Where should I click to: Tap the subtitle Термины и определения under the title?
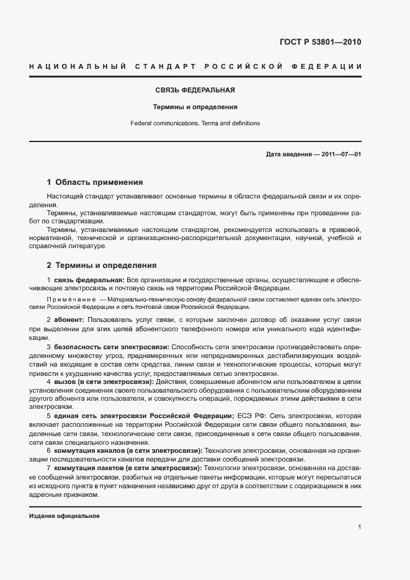[x=195, y=107]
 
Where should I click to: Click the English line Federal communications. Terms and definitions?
[x=195, y=123]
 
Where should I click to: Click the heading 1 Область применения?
[x=95, y=182]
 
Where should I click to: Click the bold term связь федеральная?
[x=89, y=280]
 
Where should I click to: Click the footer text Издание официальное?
[x=65, y=516]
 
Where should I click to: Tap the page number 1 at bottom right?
[x=359, y=527]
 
